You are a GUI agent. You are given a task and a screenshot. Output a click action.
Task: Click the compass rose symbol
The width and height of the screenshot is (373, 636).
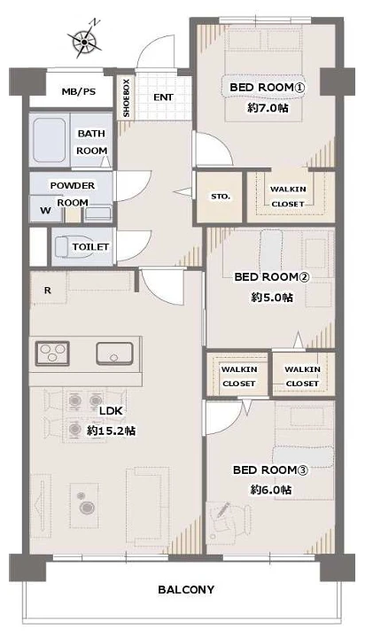[x=84, y=41]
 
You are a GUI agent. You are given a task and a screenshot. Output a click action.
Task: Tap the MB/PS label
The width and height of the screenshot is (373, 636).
[x=79, y=91]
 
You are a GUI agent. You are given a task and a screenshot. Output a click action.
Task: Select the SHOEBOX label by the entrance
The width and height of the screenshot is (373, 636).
[x=126, y=97]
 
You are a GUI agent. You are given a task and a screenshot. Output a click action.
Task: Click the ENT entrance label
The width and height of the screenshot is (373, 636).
[x=164, y=97]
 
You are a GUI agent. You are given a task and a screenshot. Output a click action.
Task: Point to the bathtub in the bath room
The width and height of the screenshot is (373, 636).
[x=49, y=141]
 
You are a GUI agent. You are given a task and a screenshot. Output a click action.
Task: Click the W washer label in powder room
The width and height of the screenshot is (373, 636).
[x=45, y=211]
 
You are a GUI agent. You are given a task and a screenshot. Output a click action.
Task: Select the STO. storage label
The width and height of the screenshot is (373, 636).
[x=221, y=197]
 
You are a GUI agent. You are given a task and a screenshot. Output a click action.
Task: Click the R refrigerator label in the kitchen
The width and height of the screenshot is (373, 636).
[x=48, y=291]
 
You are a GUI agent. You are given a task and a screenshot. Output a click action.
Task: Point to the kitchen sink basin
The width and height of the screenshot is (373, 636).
[x=114, y=353]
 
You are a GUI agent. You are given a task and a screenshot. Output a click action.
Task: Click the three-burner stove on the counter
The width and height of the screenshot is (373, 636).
[x=52, y=353]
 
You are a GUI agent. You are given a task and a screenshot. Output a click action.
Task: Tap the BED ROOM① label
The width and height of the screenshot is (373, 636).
[x=268, y=87]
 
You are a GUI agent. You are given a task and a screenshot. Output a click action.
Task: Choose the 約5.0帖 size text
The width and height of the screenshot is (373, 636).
[x=271, y=298]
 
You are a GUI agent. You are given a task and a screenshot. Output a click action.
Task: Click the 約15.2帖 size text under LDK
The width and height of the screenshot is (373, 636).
[x=112, y=430]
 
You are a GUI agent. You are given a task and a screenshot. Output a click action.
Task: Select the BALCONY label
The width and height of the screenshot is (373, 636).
[x=186, y=589]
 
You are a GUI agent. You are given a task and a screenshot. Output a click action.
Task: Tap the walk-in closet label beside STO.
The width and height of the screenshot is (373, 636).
[x=288, y=197]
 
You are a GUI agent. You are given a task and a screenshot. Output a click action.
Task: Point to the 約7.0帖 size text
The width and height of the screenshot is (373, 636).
[x=268, y=108]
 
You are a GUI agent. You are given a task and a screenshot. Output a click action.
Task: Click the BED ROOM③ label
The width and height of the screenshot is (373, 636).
[x=271, y=470]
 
